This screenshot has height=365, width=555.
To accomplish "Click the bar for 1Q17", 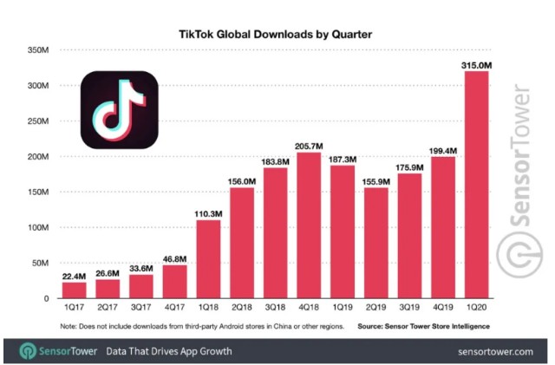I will click(x=75, y=290).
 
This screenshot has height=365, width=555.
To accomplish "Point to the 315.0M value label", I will click(x=480, y=64).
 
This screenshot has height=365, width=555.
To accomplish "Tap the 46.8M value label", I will click(x=176, y=257).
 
